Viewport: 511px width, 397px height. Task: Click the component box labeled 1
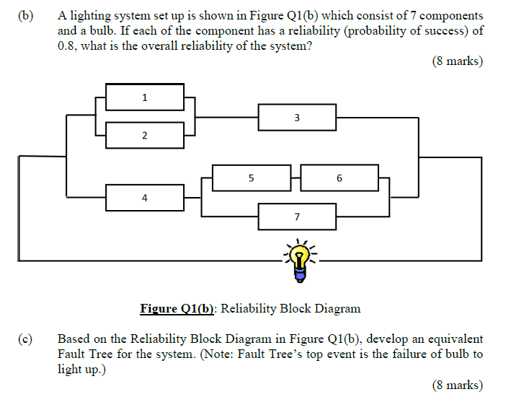145,97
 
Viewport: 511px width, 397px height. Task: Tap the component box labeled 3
297,117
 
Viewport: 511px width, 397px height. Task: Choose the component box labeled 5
251,177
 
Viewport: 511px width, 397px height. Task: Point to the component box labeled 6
339,177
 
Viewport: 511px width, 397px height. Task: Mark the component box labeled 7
297,216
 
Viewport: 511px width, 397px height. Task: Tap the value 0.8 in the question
68,46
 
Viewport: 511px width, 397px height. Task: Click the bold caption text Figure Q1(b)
178,309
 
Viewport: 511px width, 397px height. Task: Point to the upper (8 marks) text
457,62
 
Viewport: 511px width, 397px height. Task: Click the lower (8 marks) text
457,385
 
